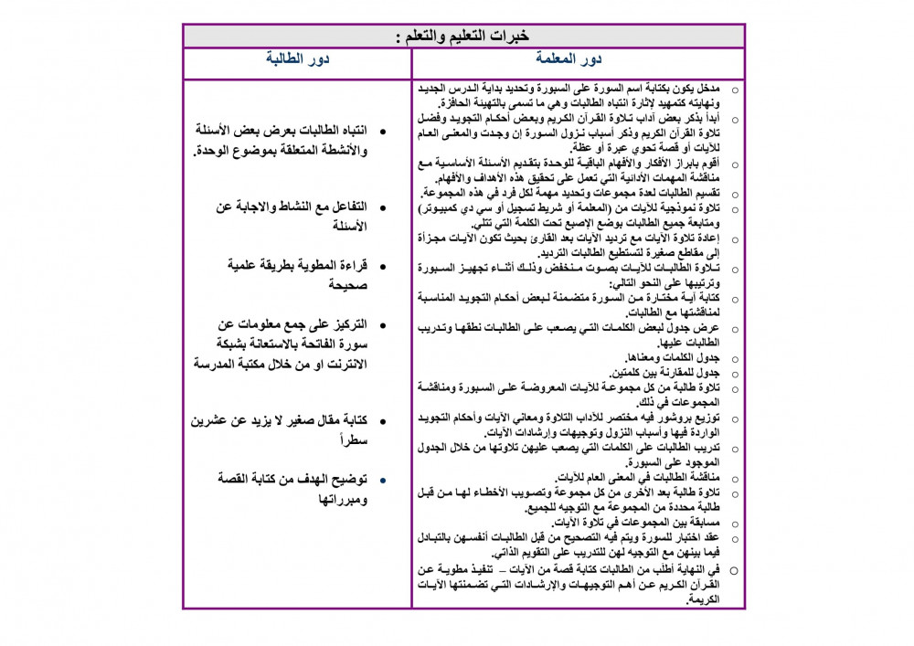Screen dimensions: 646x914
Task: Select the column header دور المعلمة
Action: point(578,60)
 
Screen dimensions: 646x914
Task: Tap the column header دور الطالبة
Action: point(297,60)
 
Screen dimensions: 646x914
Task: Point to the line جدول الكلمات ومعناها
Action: point(672,357)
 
